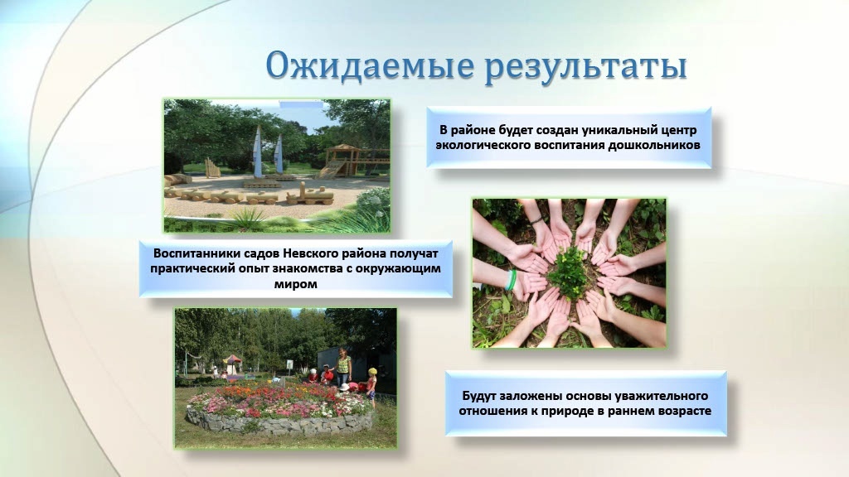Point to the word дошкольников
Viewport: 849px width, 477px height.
point(654,145)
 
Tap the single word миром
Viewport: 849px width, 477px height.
point(296,283)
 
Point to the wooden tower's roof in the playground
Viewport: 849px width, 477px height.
point(342,148)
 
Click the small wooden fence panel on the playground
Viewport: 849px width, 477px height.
point(212,167)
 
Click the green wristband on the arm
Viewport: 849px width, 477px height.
point(510,280)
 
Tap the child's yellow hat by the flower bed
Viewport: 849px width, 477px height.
point(372,372)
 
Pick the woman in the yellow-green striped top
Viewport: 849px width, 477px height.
point(344,367)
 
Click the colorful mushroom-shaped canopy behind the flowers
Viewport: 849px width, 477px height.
point(232,360)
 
